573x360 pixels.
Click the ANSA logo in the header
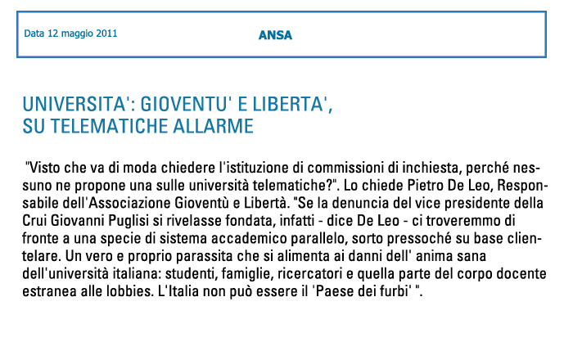click(x=275, y=35)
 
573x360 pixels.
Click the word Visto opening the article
click(x=47, y=164)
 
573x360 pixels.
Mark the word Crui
click(x=38, y=218)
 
